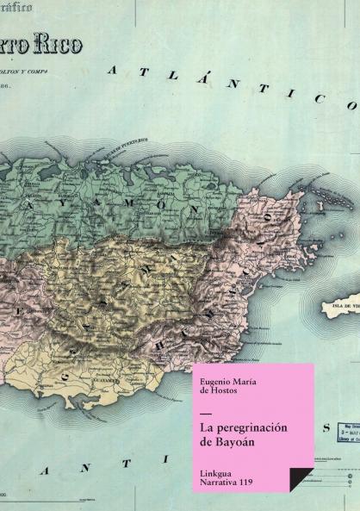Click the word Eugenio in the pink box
coord(214,376)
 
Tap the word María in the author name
coord(248,376)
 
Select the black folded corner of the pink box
coord(300,479)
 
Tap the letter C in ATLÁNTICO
coord(319,98)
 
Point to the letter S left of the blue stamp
coord(325,427)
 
